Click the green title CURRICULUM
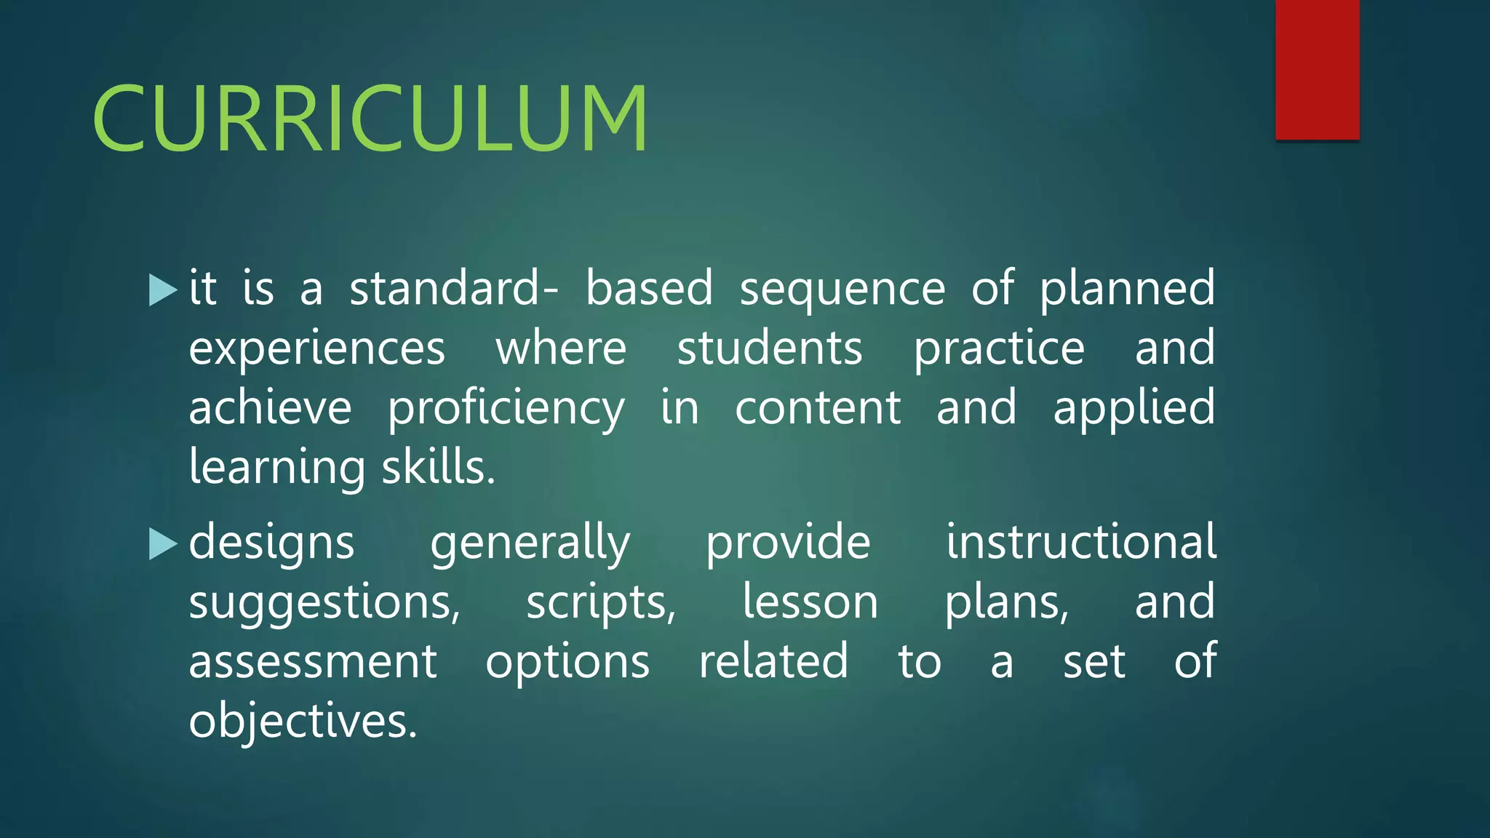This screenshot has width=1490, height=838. [370, 118]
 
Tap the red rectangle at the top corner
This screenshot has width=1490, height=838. [1317, 69]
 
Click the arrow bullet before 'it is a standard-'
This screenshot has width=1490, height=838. [162, 290]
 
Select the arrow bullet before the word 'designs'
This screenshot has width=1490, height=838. [162, 543]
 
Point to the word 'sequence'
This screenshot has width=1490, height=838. [842, 290]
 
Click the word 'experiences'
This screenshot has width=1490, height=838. [316, 349]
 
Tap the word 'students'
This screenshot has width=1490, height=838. [769, 348]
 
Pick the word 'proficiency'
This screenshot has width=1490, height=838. [506, 409]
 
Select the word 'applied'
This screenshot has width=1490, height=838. [1134, 409]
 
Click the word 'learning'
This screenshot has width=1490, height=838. [276, 468]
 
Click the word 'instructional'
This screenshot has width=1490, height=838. [1080, 542]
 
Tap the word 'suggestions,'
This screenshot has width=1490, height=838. [324, 604]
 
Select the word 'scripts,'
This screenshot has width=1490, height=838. [601, 604]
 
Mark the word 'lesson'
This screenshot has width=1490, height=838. [810, 602]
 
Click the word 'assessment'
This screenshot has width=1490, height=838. [313, 662]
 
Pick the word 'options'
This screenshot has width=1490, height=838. [567, 663]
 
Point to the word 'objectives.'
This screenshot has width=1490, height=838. [303, 722]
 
